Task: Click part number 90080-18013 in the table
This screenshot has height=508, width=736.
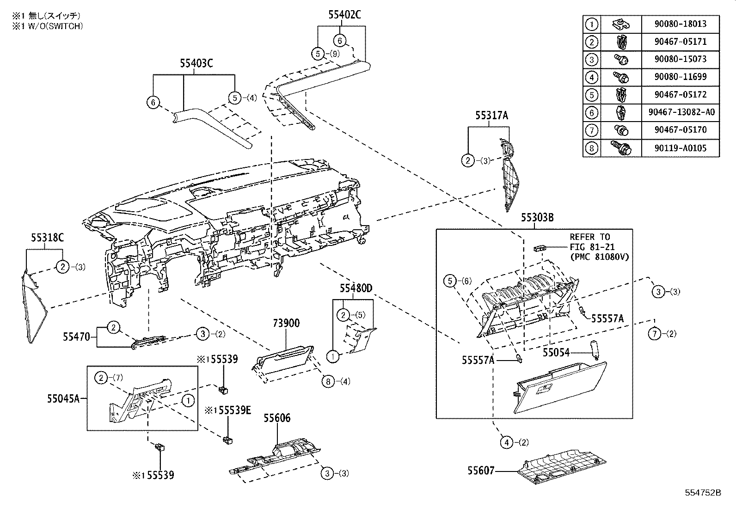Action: [x=680, y=24]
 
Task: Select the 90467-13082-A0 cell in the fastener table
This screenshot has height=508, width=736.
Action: [x=680, y=112]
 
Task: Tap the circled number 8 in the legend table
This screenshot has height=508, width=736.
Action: [x=591, y=148]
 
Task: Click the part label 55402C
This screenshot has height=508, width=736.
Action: [x=344, y=15]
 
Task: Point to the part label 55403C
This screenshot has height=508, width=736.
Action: [x=196, y=63]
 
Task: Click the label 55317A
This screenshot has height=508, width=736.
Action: [x=491, y=116]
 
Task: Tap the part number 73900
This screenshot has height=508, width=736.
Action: [x=286, y=323]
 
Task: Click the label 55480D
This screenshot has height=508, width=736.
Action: [x=356, y=288]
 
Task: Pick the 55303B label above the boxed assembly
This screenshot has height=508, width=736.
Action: [x=537, y=217]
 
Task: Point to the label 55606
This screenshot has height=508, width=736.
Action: [x=277, y=418]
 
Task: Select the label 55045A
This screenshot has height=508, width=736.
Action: [x=63, y=398]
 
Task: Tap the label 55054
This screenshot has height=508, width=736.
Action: [x=556, y=353]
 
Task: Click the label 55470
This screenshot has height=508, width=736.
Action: [x=77, y=337]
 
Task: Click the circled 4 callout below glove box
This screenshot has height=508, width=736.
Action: [x=507, y=442]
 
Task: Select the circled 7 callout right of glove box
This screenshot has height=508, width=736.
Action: [x=655, y=334]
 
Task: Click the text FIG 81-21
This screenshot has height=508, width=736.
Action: [x=590, y=247]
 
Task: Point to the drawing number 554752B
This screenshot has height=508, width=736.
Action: [x=703, y=493]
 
